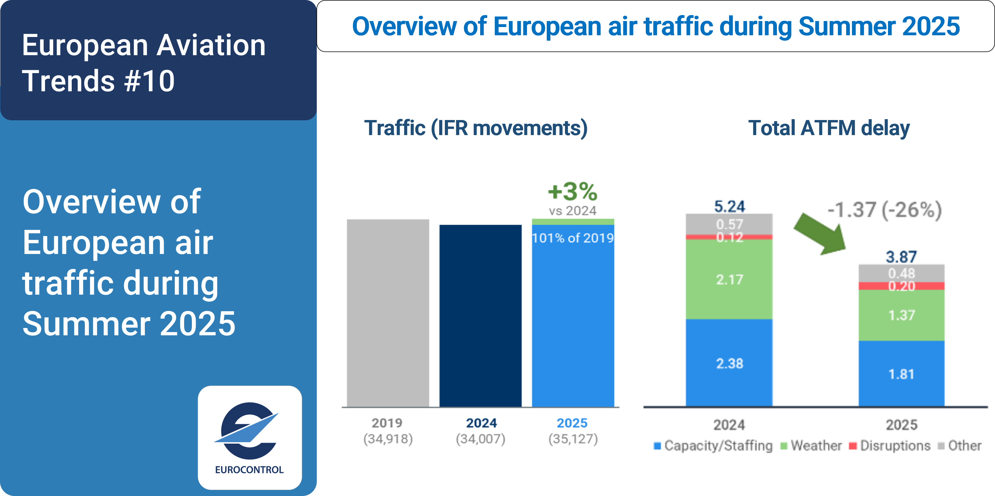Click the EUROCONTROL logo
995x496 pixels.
(x=250, y=437)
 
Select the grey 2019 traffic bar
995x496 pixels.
(x=388, y=313)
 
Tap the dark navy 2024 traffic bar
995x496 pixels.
(x=480, y=315)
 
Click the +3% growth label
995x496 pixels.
(x=572, y=192)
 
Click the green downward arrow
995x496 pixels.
(x=821, y=234)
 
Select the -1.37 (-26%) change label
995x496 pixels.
(x=885, y=210)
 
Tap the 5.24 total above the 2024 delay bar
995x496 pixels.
(x=729, y=206)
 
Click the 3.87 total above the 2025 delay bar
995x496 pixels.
(x=901, y=257)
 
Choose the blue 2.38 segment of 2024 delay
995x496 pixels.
(x=729, y=363)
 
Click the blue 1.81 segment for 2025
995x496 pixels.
(x=901, y=374)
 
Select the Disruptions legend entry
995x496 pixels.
(x=890, y=446)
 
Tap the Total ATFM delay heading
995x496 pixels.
(x=829, y=128)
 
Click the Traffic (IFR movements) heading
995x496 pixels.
(x=476, y=128)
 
